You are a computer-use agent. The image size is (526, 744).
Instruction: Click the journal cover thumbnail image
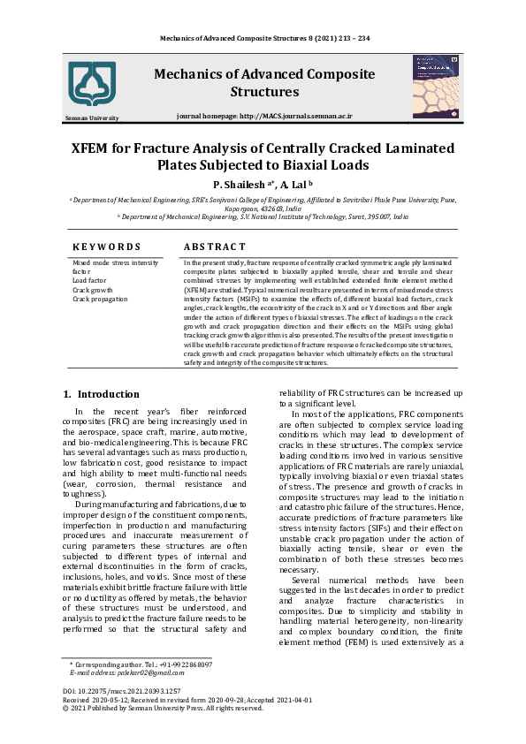[x=435, y=86]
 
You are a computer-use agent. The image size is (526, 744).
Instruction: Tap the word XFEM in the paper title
[x=97, y=148]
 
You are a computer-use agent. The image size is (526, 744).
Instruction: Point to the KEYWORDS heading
[x=106, y=247]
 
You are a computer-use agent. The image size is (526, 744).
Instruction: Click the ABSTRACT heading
[x=214, y=247]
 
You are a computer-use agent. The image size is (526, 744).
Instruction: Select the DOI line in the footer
[x=121, y=690]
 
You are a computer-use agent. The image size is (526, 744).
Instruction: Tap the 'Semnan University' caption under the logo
[x=92, y=118]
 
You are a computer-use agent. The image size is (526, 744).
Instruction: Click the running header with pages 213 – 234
[x=264, y=38]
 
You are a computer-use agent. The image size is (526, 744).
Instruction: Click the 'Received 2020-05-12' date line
[x=100, y=699]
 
